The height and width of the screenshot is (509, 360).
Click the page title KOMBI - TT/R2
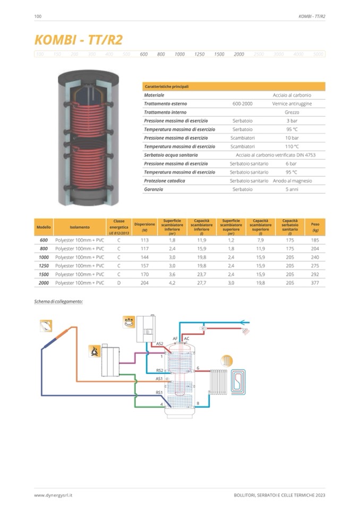[x=78, y=40]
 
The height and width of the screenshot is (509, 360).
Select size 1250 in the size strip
[x=199, y=54]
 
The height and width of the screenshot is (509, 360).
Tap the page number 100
[x=38, y=16]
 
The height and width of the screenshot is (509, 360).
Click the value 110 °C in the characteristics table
[x=292, y=146]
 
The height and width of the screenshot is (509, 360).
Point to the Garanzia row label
[x=153, y=189]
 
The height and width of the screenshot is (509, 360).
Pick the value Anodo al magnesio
[x=292, y=181]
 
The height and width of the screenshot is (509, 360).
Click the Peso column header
[x=315, y=227]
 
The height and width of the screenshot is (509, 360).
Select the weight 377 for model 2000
[x=315, y=283]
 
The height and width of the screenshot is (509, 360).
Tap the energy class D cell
[x=119, y=283]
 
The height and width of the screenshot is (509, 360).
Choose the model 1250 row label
[x=44, y=266]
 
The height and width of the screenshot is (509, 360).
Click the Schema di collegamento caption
[x=58, y=301]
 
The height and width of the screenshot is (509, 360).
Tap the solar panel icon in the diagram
[x=46, y=325]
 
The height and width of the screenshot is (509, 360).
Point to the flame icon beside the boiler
[x=95, y=351]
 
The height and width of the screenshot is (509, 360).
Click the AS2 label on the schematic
[x=159, y=344]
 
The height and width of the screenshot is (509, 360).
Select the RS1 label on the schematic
[x=159, y=392]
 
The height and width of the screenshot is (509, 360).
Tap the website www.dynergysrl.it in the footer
[x=53, y=495]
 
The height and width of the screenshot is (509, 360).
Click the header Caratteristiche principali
[x=167, y=87]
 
